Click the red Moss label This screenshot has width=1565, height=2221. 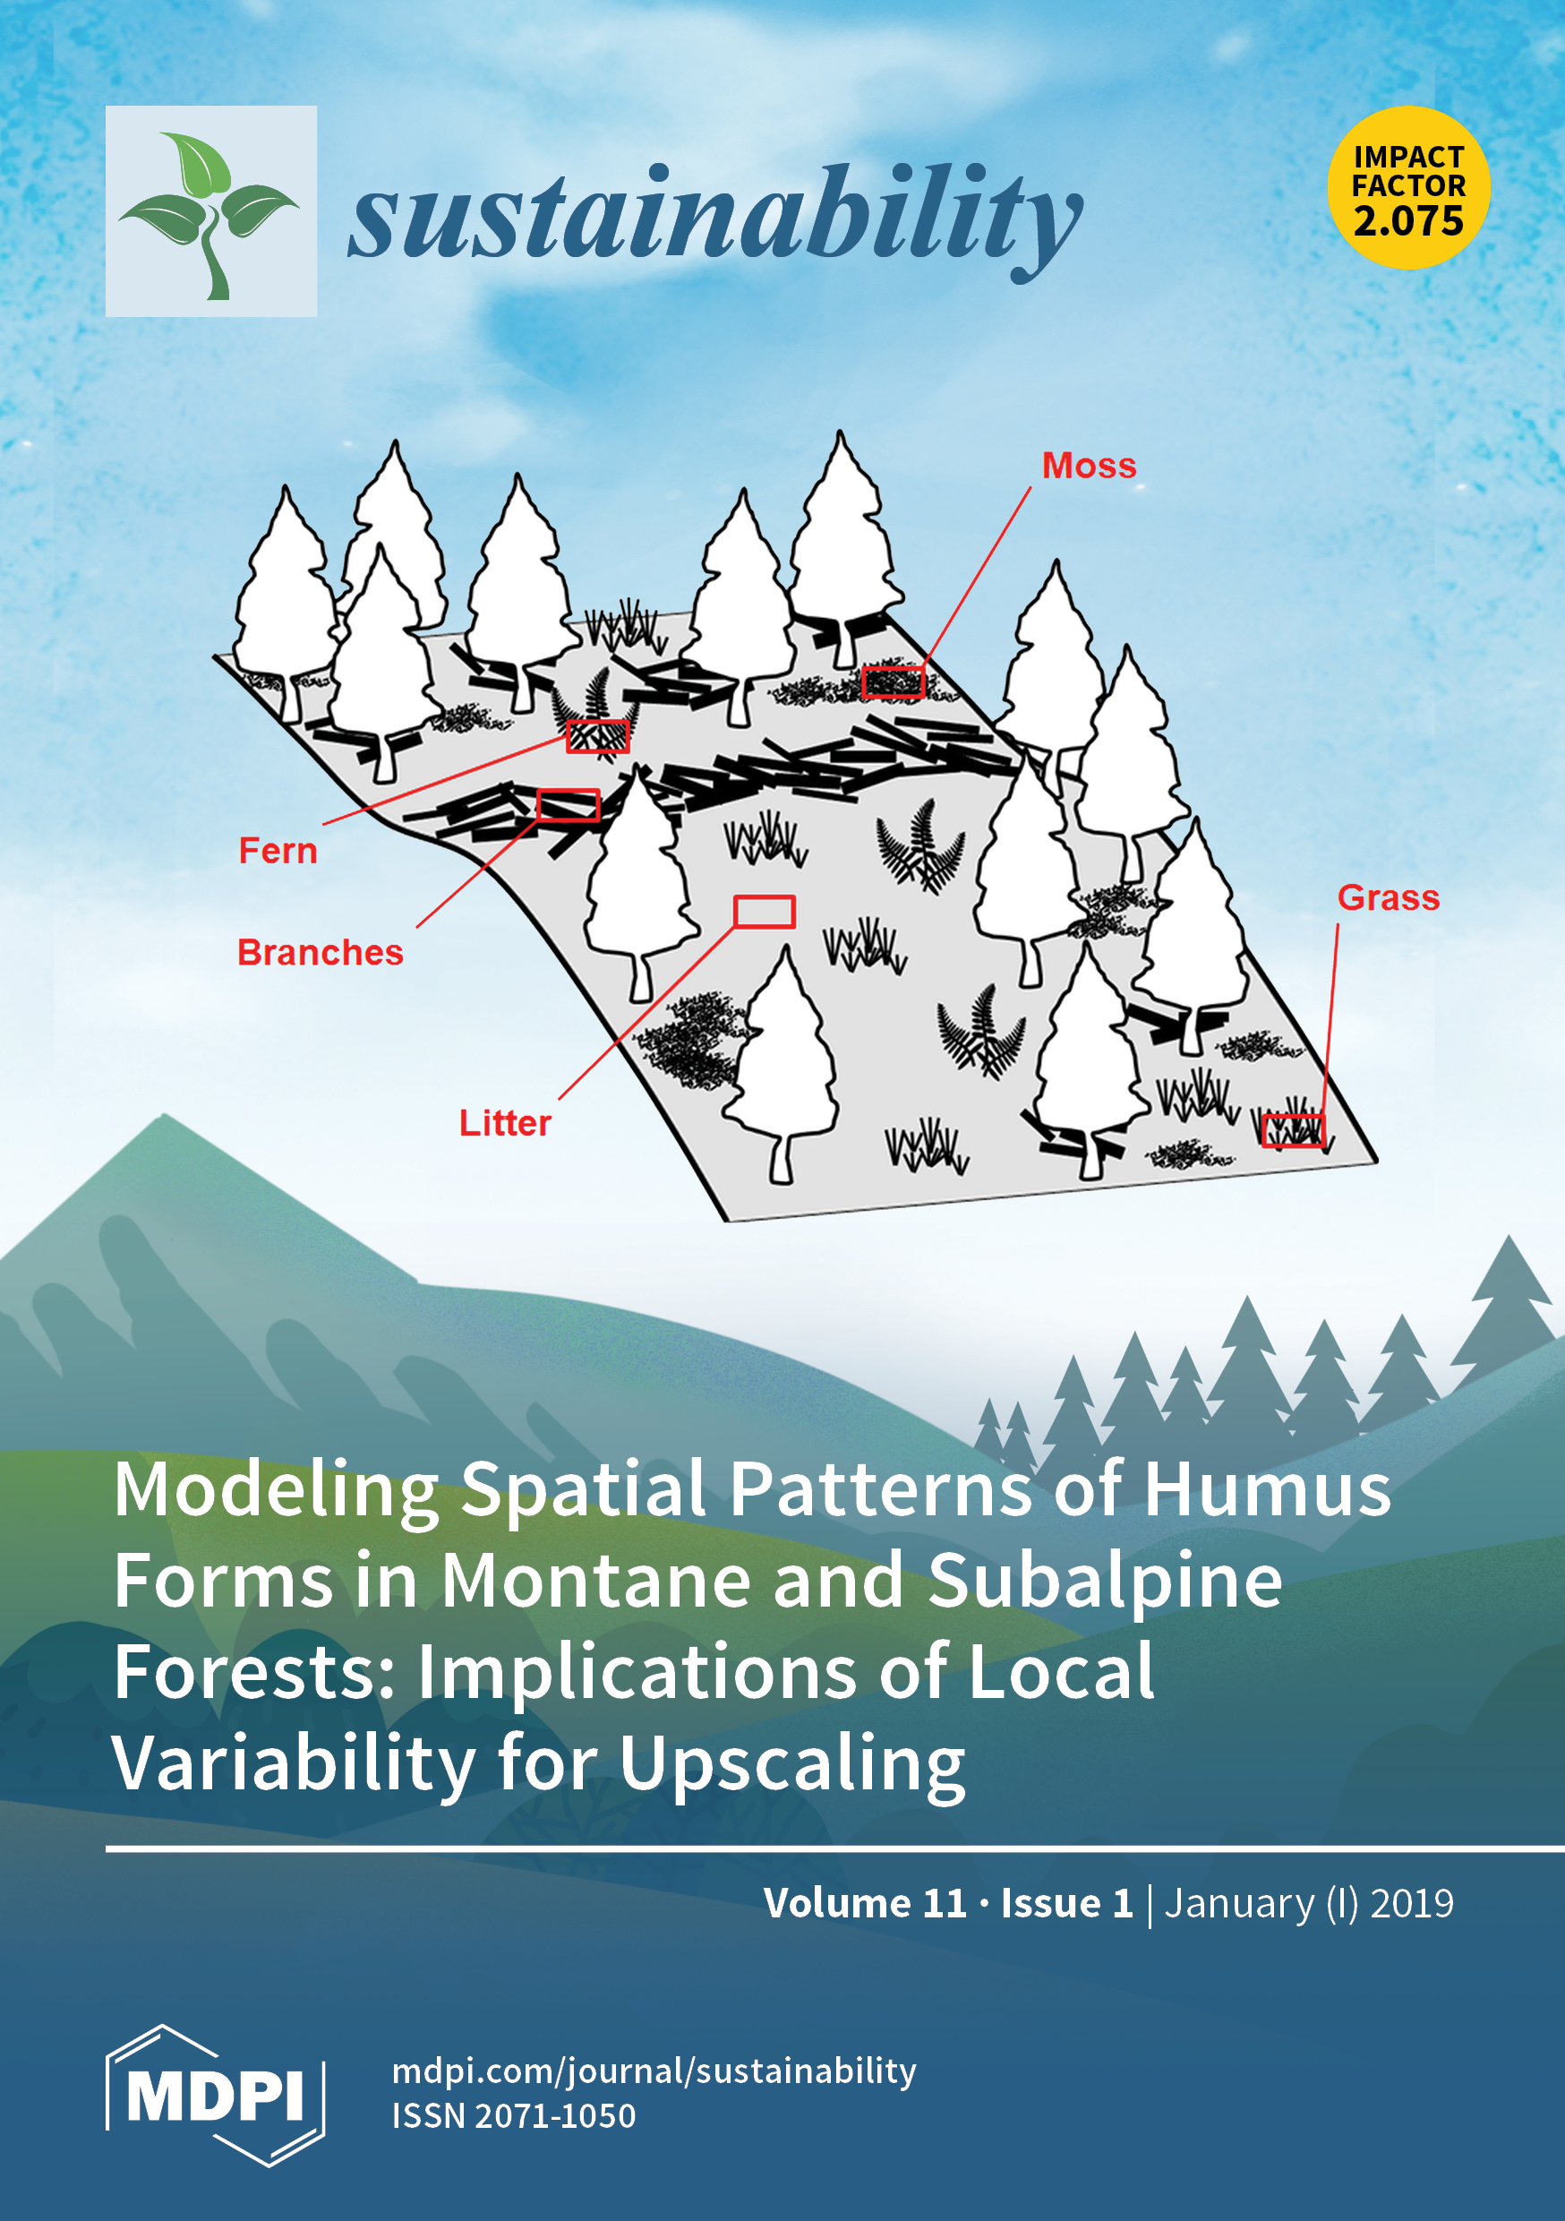pos(1088,466)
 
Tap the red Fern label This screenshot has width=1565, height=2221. pos(278,850)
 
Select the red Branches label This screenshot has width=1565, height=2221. pos(321,952)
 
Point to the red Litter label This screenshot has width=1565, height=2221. pos(504,1122)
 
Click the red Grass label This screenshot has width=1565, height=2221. pos(1388,897)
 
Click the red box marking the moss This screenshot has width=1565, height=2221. pos(893,681)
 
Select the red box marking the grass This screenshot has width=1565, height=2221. pos(1292,1130)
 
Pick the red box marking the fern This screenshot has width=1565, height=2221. pos(598,735)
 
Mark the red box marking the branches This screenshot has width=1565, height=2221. pos(568,804)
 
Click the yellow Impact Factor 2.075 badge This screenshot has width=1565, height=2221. pos(1408,188)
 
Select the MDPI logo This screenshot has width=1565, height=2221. pos(215,2095)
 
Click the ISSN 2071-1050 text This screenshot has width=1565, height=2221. pos(514,2115)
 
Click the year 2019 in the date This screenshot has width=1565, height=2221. pos(1411,1903)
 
